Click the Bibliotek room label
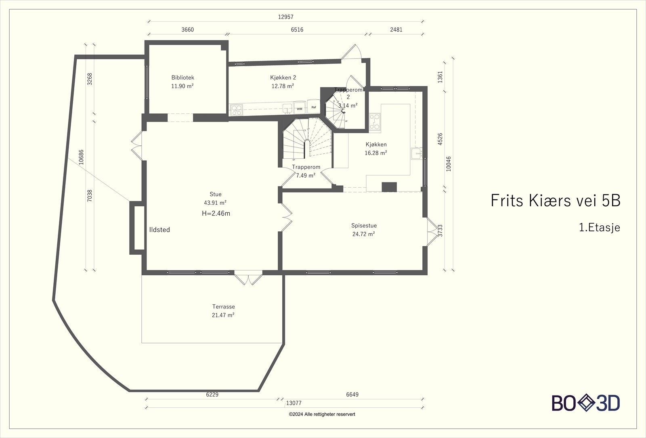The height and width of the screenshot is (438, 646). pyautogui.click(x=182, y=78)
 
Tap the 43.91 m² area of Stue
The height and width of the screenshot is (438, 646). pyautogui.click(x=215, y=203)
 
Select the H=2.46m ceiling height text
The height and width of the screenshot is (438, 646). pyautogui.click(x=216, y=214)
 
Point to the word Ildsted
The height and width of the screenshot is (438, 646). pyautogui.click(x=159, y=230)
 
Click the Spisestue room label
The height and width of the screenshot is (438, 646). pyautogui.click(x=364, y=226)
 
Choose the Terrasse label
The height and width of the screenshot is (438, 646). pyautogui.click(x=224, y=306)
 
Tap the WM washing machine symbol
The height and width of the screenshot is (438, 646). pyautogui.click(x=300, y=109)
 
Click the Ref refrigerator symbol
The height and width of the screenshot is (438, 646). pyautogui.click(x=313, y=107)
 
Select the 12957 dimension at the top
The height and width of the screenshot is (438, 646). pyautogui.click(x=285, y=17)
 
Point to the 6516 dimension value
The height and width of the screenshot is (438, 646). pyautogui.click(x=297, y=30)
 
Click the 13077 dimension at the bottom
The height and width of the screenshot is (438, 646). pyautogui.click(x=294, y=403)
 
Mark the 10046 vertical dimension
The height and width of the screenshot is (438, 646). pyautogui.click(x=449, y=164)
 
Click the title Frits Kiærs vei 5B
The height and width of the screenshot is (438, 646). pyautogui.click(x=556, y=201)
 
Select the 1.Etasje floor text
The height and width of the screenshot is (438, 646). pyautogui.click(x=600, y=228)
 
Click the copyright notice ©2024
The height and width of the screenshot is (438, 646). pyautogui.click(x=322, y=414)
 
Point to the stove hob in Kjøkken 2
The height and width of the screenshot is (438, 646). pyautogui.click(x=236, y=110)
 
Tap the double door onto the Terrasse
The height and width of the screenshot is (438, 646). pyautogui.click(x=248, y=277)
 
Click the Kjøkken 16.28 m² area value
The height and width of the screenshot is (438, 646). pyautogui.click(x=376, y=153)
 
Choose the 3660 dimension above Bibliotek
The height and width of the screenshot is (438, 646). pyautogui.click(x=187, y=30)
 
